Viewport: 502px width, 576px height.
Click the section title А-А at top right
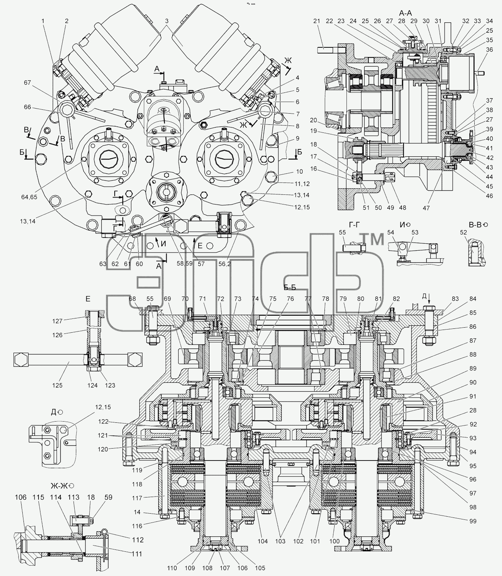click(x=405, y=13)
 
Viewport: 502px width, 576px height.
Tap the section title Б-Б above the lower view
click(x=289, y=287)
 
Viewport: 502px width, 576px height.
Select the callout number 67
click(x=27, y=83)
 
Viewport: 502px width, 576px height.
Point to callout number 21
click(x=317, y=21)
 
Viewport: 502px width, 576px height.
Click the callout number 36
click(x=489, y=50)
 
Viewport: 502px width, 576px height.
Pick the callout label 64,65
click(x=28, y=197)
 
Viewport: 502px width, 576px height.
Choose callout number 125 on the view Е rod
click(x=57, y=385)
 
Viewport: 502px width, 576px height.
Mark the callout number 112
click(x=138, y=540)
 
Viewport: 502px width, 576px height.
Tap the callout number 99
click(x=473, y=521)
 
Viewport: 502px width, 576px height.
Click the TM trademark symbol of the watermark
click(x=372, y=239)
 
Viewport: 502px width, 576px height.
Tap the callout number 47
click(x=426, y=208)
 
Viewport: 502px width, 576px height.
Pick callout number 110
click(x=172, y=568)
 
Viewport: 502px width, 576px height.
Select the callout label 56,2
click(x=224, y=264)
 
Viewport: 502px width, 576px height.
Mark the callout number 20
click(x=313, y=120)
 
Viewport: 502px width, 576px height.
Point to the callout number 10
click(x=299, y=171)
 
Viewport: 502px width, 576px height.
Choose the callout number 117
click(x=137, y=498)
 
